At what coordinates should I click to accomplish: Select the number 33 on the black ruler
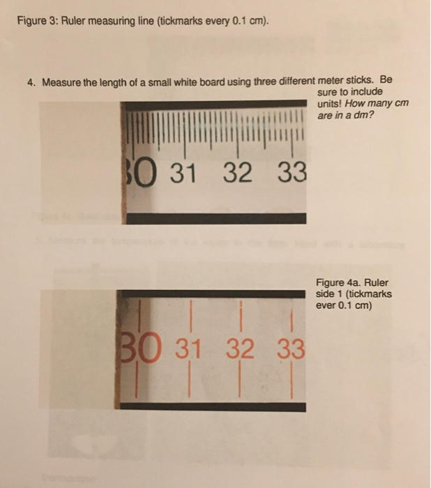[290, 172]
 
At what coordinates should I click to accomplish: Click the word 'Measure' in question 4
[61, 82]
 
